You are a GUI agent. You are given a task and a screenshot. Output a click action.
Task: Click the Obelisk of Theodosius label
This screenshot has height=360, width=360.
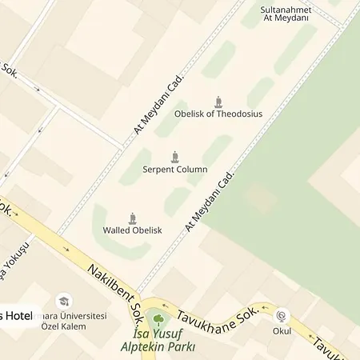(218, 114)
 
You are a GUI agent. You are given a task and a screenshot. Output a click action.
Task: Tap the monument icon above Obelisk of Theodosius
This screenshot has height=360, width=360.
(218, 101)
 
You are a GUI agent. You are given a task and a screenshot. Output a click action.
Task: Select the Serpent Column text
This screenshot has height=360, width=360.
(175, 170)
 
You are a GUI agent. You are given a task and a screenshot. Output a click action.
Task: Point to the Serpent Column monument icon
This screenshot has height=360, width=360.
(175, 157)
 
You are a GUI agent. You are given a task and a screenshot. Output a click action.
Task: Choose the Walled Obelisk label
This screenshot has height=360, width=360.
(132, 230)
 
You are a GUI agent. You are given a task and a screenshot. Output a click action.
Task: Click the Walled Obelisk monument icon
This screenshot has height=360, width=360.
(133, 218)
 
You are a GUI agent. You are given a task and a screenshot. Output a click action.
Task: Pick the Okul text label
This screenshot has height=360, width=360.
(282, 330)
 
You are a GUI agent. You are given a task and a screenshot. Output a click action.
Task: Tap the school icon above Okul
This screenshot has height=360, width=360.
(282, 317)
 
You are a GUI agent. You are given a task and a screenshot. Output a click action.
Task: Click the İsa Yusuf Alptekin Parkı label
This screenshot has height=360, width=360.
(158, 342)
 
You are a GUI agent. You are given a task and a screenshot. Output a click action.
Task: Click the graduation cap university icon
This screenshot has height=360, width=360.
(65, 302)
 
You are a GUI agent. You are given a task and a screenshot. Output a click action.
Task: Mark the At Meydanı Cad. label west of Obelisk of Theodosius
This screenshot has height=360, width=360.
(158, 104)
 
